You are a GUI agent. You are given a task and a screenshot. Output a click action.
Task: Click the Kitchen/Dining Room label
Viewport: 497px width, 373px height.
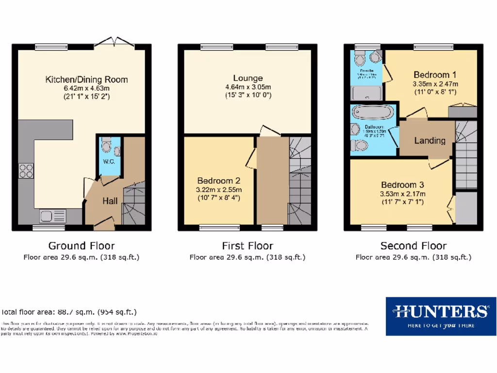point(86,80)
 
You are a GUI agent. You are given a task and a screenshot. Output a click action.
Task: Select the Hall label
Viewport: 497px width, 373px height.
point(110,200)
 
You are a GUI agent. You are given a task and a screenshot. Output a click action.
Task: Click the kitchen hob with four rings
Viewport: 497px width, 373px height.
point(26,170)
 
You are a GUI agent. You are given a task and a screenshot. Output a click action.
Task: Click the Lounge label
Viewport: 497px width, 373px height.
point(248,78)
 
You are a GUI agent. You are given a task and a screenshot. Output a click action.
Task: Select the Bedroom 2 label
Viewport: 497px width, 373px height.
point(219,181)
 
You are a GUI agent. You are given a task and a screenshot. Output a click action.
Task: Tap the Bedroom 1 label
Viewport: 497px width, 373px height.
point(435,75)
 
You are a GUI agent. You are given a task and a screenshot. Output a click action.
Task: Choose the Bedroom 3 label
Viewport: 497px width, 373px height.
point(402,185)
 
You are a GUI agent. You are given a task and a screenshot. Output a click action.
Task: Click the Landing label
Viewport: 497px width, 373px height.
point(430,141)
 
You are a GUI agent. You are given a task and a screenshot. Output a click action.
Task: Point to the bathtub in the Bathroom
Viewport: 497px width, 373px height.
point(373,112)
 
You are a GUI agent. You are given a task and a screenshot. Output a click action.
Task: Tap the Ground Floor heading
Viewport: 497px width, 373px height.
point(82,246)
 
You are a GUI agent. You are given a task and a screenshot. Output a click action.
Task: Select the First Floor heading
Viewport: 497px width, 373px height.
point(248,246)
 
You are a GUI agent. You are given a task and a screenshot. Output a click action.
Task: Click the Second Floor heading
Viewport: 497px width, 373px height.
point(414,246)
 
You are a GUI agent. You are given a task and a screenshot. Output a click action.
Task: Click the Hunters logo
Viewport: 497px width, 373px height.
point(441,316)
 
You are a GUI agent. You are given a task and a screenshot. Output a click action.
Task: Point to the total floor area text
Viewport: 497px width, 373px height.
point(69,312)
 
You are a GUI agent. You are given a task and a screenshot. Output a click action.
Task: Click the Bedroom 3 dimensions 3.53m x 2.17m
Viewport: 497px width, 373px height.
point(402,194)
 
